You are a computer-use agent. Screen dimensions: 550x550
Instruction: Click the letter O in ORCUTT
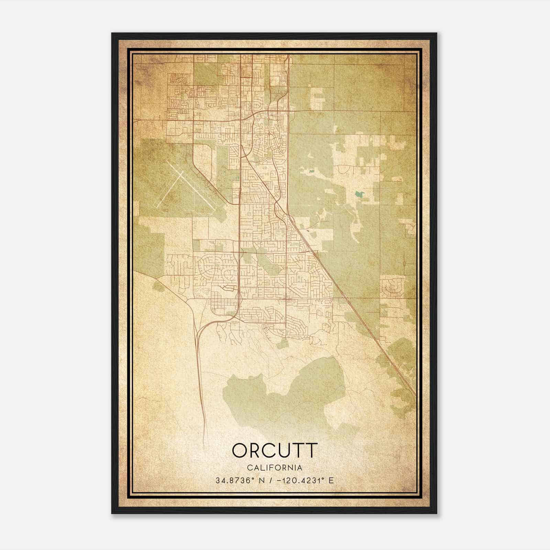click(x=241, y=450)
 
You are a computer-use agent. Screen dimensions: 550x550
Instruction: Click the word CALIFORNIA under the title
click(x=275, y=468)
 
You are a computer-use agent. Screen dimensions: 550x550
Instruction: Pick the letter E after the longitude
click(x=331, y=480)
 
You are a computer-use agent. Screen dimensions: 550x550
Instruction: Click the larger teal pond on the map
click(x=360, y=194)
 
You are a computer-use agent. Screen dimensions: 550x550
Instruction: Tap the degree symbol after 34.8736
click(x=246, y=478)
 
